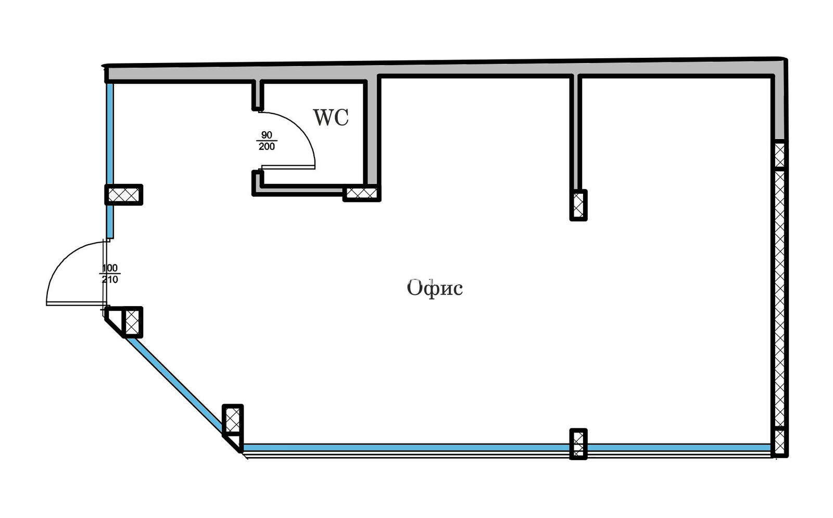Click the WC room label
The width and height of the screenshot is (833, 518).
(331, 118)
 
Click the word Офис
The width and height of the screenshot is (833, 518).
(435, 287)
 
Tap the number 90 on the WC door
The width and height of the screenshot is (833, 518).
(267, 135)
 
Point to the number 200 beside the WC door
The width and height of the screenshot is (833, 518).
(267, 147)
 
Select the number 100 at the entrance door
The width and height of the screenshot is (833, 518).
(110, 268)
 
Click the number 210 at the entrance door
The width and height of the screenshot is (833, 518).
(110, 280)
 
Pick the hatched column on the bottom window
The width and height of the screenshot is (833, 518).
(578, 444)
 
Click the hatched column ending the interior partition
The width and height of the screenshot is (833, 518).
(578, 205)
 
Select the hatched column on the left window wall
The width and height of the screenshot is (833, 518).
(124, 195)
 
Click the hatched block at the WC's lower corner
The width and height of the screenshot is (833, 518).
(361, 194)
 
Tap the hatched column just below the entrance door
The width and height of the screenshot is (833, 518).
(133, 321)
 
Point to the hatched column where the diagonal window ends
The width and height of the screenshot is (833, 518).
(233, 419)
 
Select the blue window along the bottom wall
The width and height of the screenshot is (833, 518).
(406, 447)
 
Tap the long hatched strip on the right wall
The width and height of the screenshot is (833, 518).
(779, 297)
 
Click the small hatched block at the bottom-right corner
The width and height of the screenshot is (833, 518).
(779, 442)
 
